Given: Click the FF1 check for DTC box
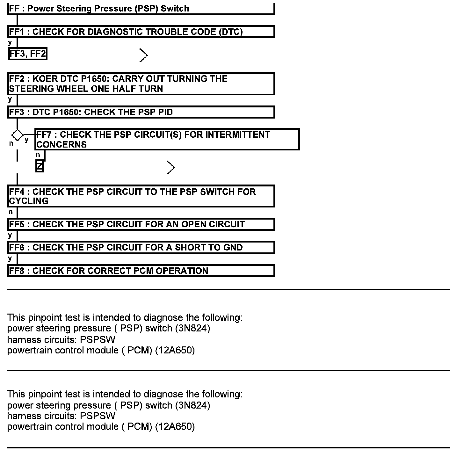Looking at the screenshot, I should point(141,32).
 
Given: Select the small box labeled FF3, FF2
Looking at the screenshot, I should point(27,54).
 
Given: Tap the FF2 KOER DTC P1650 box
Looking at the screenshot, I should point(141,84).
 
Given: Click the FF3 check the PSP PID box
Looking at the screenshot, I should point(141,112).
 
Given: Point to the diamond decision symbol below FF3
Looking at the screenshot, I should point(17,135).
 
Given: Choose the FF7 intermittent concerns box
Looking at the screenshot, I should point(167,139).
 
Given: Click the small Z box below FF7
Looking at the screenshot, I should point(40,166).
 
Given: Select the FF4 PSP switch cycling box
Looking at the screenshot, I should point(141,196).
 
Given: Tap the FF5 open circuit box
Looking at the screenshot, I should point(141,224).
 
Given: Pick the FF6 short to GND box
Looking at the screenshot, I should point(141,248).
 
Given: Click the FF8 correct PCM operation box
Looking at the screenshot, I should point(141,271).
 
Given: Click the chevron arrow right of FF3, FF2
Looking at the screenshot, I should point(143,55).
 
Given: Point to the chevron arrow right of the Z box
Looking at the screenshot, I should point(171,168).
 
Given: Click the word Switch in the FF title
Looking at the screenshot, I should point(175,9).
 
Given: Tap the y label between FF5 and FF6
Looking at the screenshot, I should point(10,235).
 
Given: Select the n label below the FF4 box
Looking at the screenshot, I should point(11,212).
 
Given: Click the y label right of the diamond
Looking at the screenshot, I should point(26,139).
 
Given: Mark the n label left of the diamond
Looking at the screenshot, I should point(11,143).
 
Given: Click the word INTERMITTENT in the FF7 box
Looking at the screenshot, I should point(237,135).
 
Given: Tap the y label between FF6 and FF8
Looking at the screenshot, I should point(10,258).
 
